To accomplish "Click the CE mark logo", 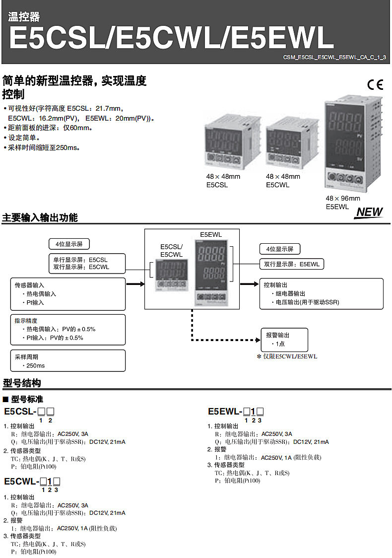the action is [x=375, y=85].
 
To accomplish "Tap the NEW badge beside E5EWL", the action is [x=369, y=212].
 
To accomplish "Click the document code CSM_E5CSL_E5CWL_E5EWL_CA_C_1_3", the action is [x=334, y=57].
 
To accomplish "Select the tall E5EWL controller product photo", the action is [x=353, y=143].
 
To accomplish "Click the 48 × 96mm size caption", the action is [x=342, y=198].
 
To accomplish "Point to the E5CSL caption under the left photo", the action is [x=217, y=185].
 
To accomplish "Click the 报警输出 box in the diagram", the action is [x=284, y=340].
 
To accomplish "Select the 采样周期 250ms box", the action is [x=68, y=361].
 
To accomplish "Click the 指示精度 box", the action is [x=68, y=330].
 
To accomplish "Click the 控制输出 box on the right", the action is [x=322, y=293].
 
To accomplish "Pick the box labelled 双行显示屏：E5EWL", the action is [x=292, y=264].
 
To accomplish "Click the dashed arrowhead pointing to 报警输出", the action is [x=258, y=340].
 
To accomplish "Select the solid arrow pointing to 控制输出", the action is [x=250, y=284].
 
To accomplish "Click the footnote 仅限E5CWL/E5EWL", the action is [x=287, y=356].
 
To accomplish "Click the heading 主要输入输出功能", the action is [x=40, y=217].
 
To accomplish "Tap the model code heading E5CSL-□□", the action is [x=29, y=412].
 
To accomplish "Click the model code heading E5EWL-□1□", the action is [x=236, y=412].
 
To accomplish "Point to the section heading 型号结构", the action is [x=22, y=383].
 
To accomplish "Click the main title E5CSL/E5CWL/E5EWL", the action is [x=171, y=37].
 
